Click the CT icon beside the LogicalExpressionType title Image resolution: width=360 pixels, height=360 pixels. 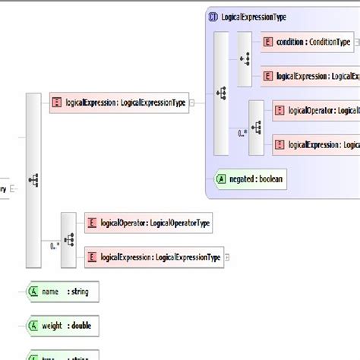click(x=213, y=16)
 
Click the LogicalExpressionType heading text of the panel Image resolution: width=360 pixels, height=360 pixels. click(x=254, y=16)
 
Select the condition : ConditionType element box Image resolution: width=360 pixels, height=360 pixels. click(x=308, y=42)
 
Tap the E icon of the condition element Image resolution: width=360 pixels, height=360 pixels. click(x=267, y=42)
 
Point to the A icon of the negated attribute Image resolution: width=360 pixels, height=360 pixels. click(x=221, y=178)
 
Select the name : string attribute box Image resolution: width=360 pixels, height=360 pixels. click(x=62, y=291)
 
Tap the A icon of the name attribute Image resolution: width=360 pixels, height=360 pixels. click(x=34, y=291)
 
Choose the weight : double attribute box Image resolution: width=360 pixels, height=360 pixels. click(x=62, y=326)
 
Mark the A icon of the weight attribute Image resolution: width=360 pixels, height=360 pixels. click(x=34, y=326)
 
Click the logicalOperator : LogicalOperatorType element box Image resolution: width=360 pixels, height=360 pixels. click(x=148, y=223)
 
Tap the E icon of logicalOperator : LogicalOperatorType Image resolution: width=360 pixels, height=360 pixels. click(x=92, y=223)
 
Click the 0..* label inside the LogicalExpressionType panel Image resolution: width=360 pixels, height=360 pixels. click(x=242, y=132)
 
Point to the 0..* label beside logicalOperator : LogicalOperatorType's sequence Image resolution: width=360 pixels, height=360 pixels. click(x=55, y=245)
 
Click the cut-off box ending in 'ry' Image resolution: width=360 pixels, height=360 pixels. click(x=5, y=188)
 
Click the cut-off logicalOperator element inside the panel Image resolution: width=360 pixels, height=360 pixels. click(x=315, y=110)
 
